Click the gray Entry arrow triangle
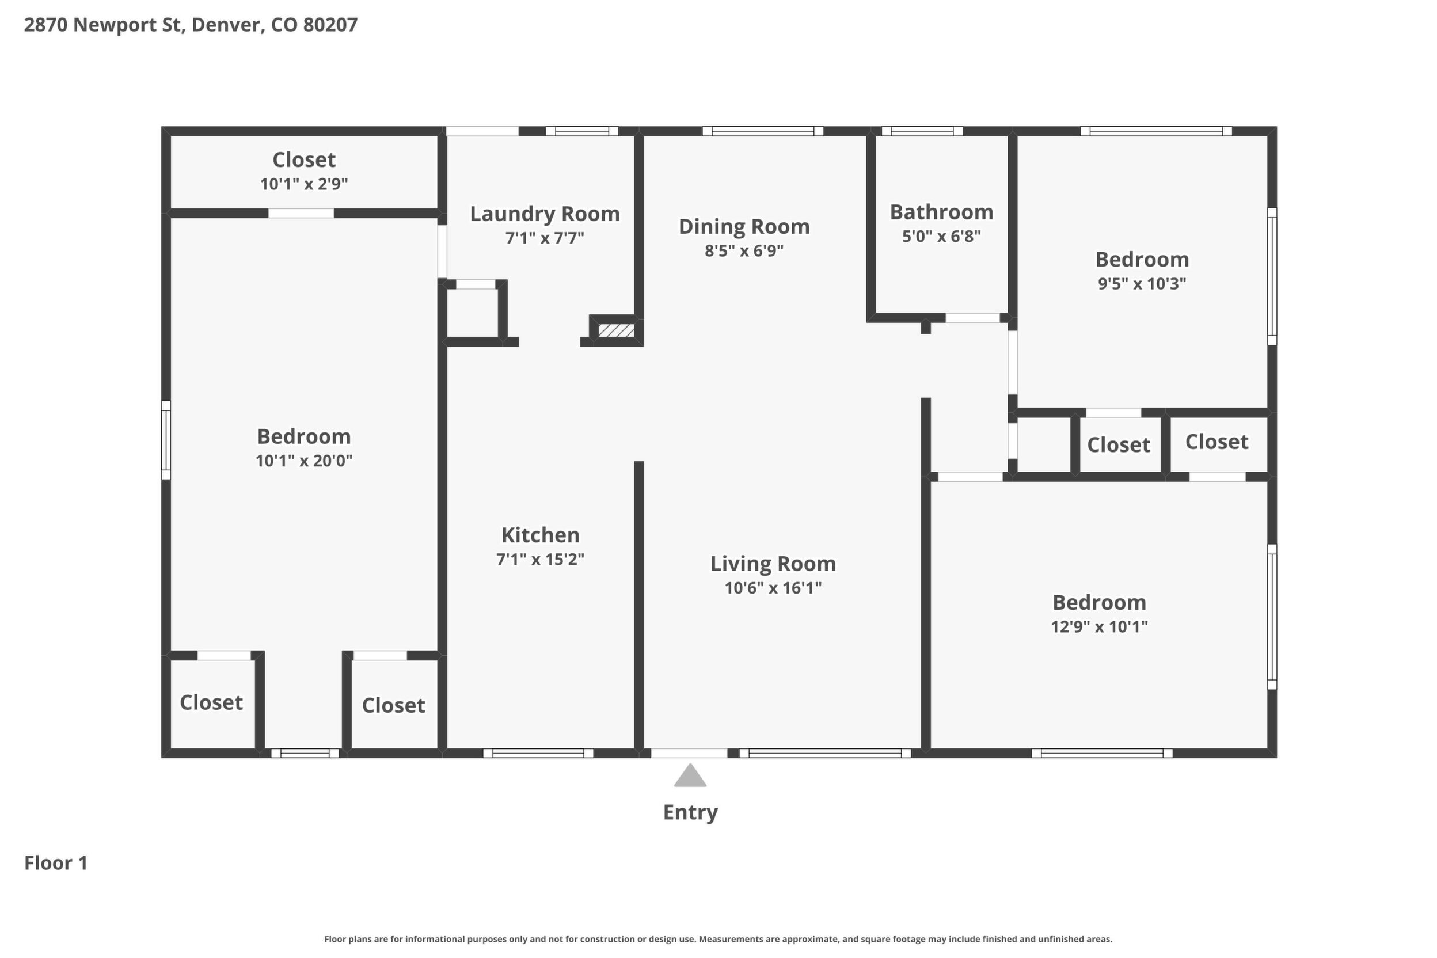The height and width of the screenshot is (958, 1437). pyautogui.click(x=690, y=776)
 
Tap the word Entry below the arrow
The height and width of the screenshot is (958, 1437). pyautogui.click(x=690, y=812)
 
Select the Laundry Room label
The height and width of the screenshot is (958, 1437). pyautogui.click(x=545, y=214)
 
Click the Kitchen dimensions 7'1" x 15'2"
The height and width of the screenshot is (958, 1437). pyautogui.click(x=540, y=559)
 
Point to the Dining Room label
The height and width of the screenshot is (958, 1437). pyautogui.click(x=744, y=227)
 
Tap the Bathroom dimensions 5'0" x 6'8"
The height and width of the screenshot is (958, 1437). pyautogui.click(x=941, y=236)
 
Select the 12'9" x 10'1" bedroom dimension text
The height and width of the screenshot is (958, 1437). pyautogui.click(x=1099, y=627)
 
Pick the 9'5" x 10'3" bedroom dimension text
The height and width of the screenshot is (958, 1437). pyautogui.click(x=1142, y=283)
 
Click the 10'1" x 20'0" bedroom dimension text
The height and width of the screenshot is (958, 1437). pyautogui.click(x=303, y=461)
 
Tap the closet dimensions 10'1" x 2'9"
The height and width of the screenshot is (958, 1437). pyautogui.click(x=303, y=184)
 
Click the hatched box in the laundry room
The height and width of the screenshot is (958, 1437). pyautogui.click(x=616, y=330)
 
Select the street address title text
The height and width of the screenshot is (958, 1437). pyautogui.click(x=191, y=25)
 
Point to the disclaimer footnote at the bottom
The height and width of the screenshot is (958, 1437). pyautogui.click(x=718, y=939)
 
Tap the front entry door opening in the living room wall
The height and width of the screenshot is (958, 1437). pyautogui.click(x=689, y=752)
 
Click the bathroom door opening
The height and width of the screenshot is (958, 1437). pyautogui.click(x=972, y=318)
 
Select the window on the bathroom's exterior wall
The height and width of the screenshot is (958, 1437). pyautogui.click(x=922, y=131)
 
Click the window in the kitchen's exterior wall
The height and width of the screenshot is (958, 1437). pyautogui.click(x=538, y=752)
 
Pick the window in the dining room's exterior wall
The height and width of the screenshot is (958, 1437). pyautogui.click(x=762, y=131)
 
